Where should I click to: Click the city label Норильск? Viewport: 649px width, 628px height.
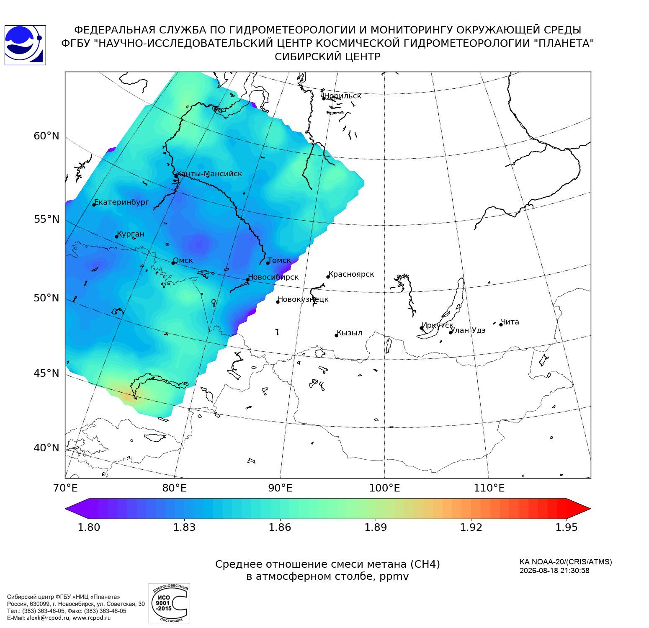tap(343, 96)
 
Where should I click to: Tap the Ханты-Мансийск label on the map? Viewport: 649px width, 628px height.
tap(209, 174)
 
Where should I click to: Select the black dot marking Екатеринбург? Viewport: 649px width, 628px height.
tap(94, 204)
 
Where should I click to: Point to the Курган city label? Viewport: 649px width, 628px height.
tap(131, 234)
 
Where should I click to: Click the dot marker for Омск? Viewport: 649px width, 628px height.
tap(173, 263)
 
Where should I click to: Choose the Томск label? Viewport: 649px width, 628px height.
tap(279, 260)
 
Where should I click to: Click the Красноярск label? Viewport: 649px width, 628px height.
tap(351, 275)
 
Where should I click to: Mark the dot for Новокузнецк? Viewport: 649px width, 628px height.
tap(278, 302)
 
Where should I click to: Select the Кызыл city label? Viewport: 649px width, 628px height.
tap(350, 333)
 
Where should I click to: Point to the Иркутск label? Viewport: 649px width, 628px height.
tap(438, 326)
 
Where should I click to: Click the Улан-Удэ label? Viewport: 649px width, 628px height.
tap(468, 330)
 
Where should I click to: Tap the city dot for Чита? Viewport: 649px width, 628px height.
tap(501, 324)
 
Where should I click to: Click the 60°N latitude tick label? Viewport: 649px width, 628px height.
tap(46, 136)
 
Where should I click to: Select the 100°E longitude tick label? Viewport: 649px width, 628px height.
tap(385, 488)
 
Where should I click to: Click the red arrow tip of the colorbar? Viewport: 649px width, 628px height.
tap(590, 509)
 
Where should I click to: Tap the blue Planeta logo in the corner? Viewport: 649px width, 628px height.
tap(25, 45)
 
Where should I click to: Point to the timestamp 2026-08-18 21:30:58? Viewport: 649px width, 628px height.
tap(554, 571)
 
